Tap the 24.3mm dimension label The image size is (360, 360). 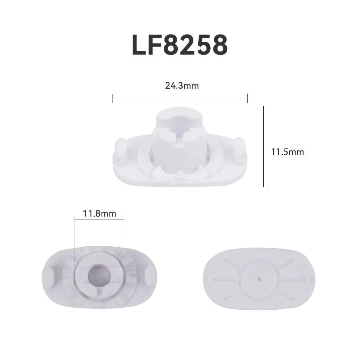(182, 86)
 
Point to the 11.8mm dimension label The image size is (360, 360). (99, 213)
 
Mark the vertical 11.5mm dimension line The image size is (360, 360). (263, 146)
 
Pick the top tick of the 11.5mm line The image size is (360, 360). (263, 106)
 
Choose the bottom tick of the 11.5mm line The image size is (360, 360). (263, 187)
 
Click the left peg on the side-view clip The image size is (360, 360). (121, 149)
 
